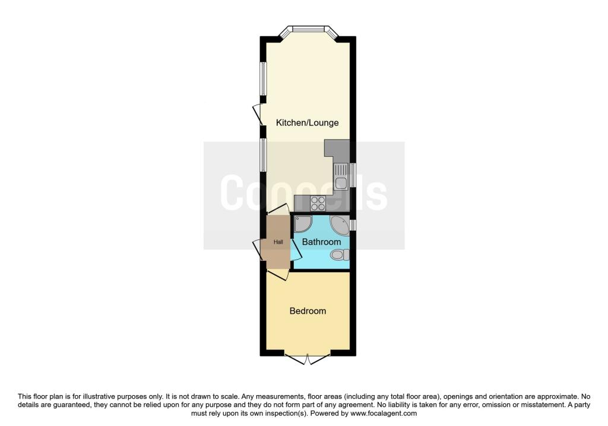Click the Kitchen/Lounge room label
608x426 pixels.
click(307, 123)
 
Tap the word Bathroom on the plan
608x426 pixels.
click(321, 242)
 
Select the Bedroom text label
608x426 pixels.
click(308, 311)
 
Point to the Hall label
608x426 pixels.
click(277, 242)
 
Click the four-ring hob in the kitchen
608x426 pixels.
click(318, 203)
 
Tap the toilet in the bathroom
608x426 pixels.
click(339, 255)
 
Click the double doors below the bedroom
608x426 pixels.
click(307, 358)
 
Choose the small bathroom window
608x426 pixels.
click(353, 225)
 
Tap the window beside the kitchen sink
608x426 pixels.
click(353, 175)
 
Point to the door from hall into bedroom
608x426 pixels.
click(277, 274)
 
